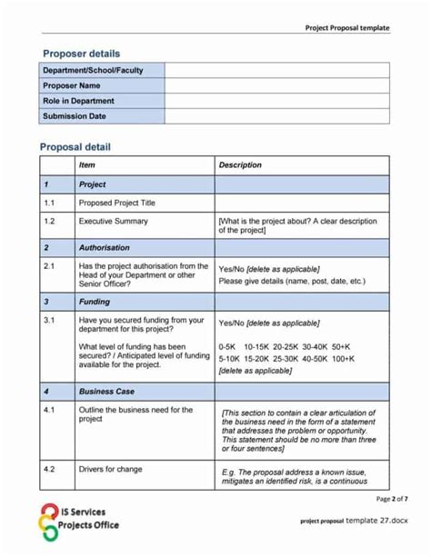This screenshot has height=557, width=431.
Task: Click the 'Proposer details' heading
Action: [x=80, y=54]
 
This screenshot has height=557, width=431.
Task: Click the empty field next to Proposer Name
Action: [x=276, y=85]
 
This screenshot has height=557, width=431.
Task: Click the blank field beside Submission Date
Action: [x=276, y=116]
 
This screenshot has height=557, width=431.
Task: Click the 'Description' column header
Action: [x=240, y=165]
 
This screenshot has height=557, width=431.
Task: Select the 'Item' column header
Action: [x=86, y=165]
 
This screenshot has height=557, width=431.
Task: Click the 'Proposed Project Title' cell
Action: [x=116, y=204]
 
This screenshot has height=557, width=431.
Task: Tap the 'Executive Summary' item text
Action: [x=113, y=221]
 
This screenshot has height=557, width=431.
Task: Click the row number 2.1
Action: [x=49, y=266]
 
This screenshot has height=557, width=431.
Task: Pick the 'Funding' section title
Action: [x=95, y=301]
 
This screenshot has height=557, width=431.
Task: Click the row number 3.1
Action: [x=49, y=320]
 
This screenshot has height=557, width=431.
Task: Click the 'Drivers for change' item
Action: [x=112, y=469]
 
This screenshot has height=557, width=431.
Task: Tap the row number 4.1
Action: [x=49, y=410]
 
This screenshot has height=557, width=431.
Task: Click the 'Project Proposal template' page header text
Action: [x=346, y=28]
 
